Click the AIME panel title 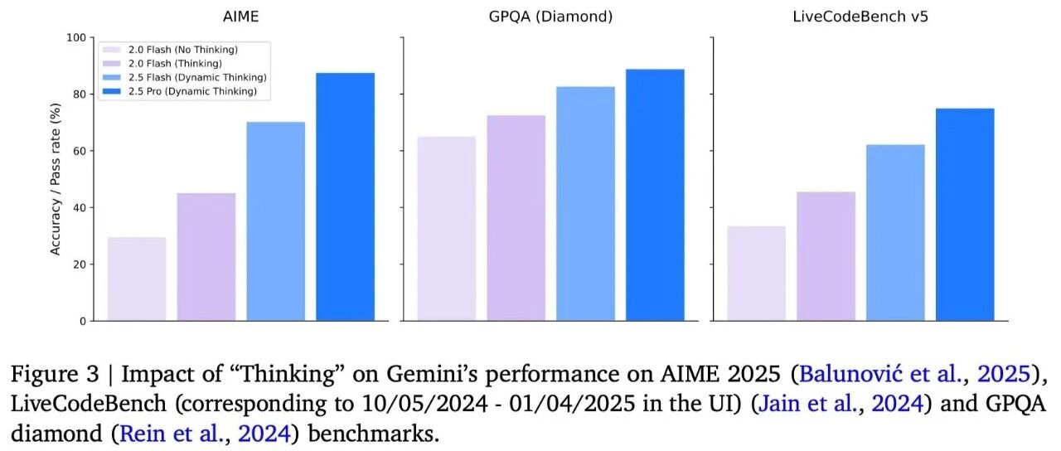(x=240, y=17)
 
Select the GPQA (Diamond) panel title (x=550, y=17)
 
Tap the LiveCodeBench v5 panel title (x=860, y=17)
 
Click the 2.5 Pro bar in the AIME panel (x=346, y=196)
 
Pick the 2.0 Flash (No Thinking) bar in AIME (x=137, y=279)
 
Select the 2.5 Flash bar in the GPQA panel (x=585, y=204)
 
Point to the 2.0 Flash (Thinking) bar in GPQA (x=516, y=218)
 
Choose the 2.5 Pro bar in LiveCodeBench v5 (x=965, y=215)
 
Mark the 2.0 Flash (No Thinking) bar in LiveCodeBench (x=757, y=274)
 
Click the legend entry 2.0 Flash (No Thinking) (x=183, y=50)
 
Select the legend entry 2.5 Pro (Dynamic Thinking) (x=192, y=91)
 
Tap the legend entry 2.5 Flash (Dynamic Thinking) (x=197, y=77)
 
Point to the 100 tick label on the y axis (x=76, y=37)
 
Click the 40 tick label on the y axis (x=80, y=207)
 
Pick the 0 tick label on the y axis (x=84, y=321)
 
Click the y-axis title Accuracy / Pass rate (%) (x=56, y=179)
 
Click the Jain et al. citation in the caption (x=808, y=404)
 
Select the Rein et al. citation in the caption (x=172, y=434)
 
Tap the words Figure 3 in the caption (x=56, y=375)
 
